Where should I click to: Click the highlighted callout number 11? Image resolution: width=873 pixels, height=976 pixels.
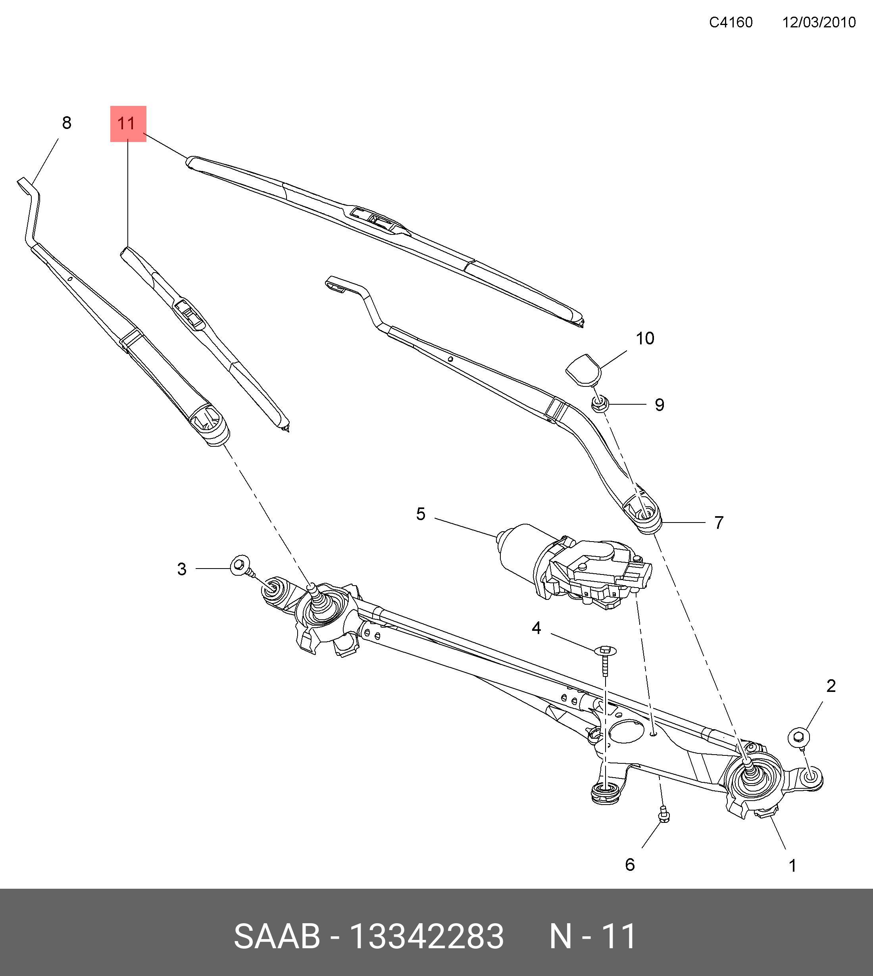click(x=128, y=124)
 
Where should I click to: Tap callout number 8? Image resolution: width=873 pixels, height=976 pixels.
click(x=67, y=123)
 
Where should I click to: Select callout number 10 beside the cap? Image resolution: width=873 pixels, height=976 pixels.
click(x=645, y=338)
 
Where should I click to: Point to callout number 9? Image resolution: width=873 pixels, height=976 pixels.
click(x=660, y=405)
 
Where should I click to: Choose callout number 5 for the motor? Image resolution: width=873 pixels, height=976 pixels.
click(x=421, y=514)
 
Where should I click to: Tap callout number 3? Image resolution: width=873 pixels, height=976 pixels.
click(x=181, y=569)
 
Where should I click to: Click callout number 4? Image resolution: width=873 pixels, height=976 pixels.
click(x=536, y=628)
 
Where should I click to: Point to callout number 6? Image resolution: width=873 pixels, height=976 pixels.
click(x=630, y=865)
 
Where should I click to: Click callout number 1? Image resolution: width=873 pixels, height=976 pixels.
click(x=792, y=866)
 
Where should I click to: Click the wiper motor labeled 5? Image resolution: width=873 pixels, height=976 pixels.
click(x=571, y=566)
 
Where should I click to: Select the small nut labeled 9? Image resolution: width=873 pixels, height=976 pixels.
click(x=600, y=404)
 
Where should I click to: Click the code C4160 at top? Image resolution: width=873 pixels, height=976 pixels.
click(x=731, y=23)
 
